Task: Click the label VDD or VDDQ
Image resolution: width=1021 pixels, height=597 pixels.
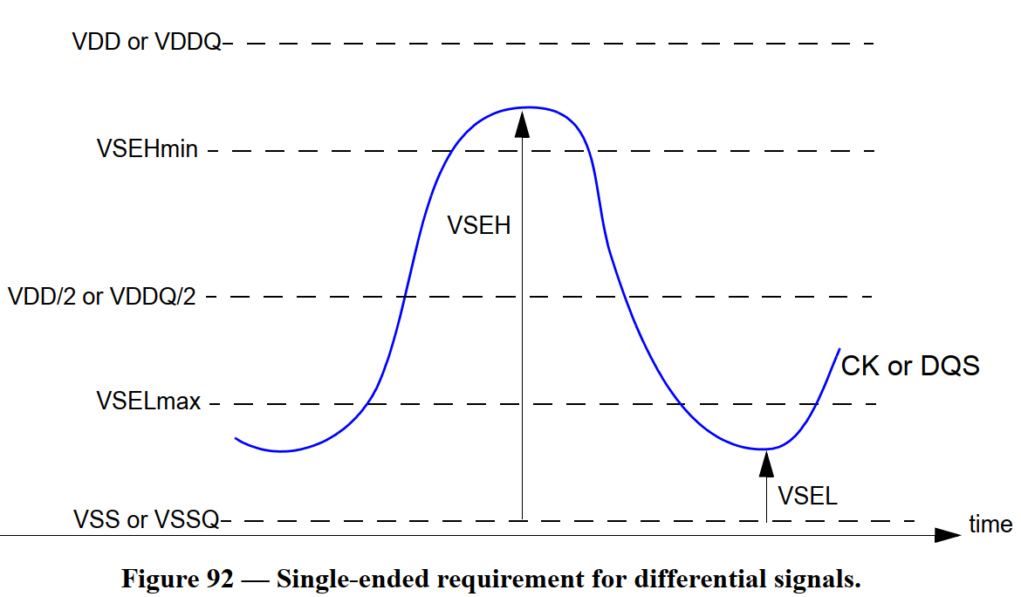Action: click(147, 42)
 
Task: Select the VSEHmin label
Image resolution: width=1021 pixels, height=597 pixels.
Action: click(147, 149)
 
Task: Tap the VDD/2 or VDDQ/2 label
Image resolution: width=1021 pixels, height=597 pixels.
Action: click(101, 297)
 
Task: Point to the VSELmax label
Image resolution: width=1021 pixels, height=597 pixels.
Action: click(148, 402)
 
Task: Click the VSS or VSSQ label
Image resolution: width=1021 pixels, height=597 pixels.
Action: click(147, 521)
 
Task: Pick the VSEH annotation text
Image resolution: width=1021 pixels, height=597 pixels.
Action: click(478, 225)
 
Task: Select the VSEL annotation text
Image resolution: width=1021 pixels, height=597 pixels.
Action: click(807, 497)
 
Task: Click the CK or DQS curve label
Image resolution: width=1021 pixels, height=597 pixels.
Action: click(909, 366)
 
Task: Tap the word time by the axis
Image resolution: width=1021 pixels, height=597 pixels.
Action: click(990, 525)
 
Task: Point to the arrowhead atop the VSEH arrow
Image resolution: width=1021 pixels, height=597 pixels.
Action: click(523, 123)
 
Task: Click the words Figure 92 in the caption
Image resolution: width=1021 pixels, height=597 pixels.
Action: click(176, 579)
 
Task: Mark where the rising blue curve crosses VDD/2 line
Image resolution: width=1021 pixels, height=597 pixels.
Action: click(406, 297)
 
